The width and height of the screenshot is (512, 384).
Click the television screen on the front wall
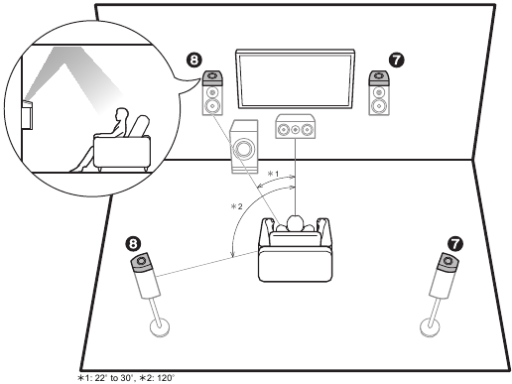295,79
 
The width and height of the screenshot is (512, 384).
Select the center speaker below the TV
296,126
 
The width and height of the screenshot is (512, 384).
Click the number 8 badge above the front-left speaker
194,60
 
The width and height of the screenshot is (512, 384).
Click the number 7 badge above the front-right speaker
397,60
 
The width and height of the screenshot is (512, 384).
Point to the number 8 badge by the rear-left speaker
133,244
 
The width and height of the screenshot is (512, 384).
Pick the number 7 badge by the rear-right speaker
455,244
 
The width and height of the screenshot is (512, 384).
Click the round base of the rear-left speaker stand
160,327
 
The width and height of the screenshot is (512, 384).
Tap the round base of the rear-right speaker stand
431,327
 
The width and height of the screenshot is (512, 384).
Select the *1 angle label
273,174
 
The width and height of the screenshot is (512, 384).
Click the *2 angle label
236,206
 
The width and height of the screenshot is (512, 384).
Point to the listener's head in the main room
295,223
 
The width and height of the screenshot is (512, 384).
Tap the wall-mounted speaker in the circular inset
27,115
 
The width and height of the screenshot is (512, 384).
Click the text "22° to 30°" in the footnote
114,378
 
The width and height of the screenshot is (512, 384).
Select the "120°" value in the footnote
165,378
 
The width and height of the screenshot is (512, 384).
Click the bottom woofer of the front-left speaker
212,106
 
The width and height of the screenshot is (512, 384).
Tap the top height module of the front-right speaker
379,77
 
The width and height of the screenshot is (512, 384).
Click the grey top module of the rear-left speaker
143,262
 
